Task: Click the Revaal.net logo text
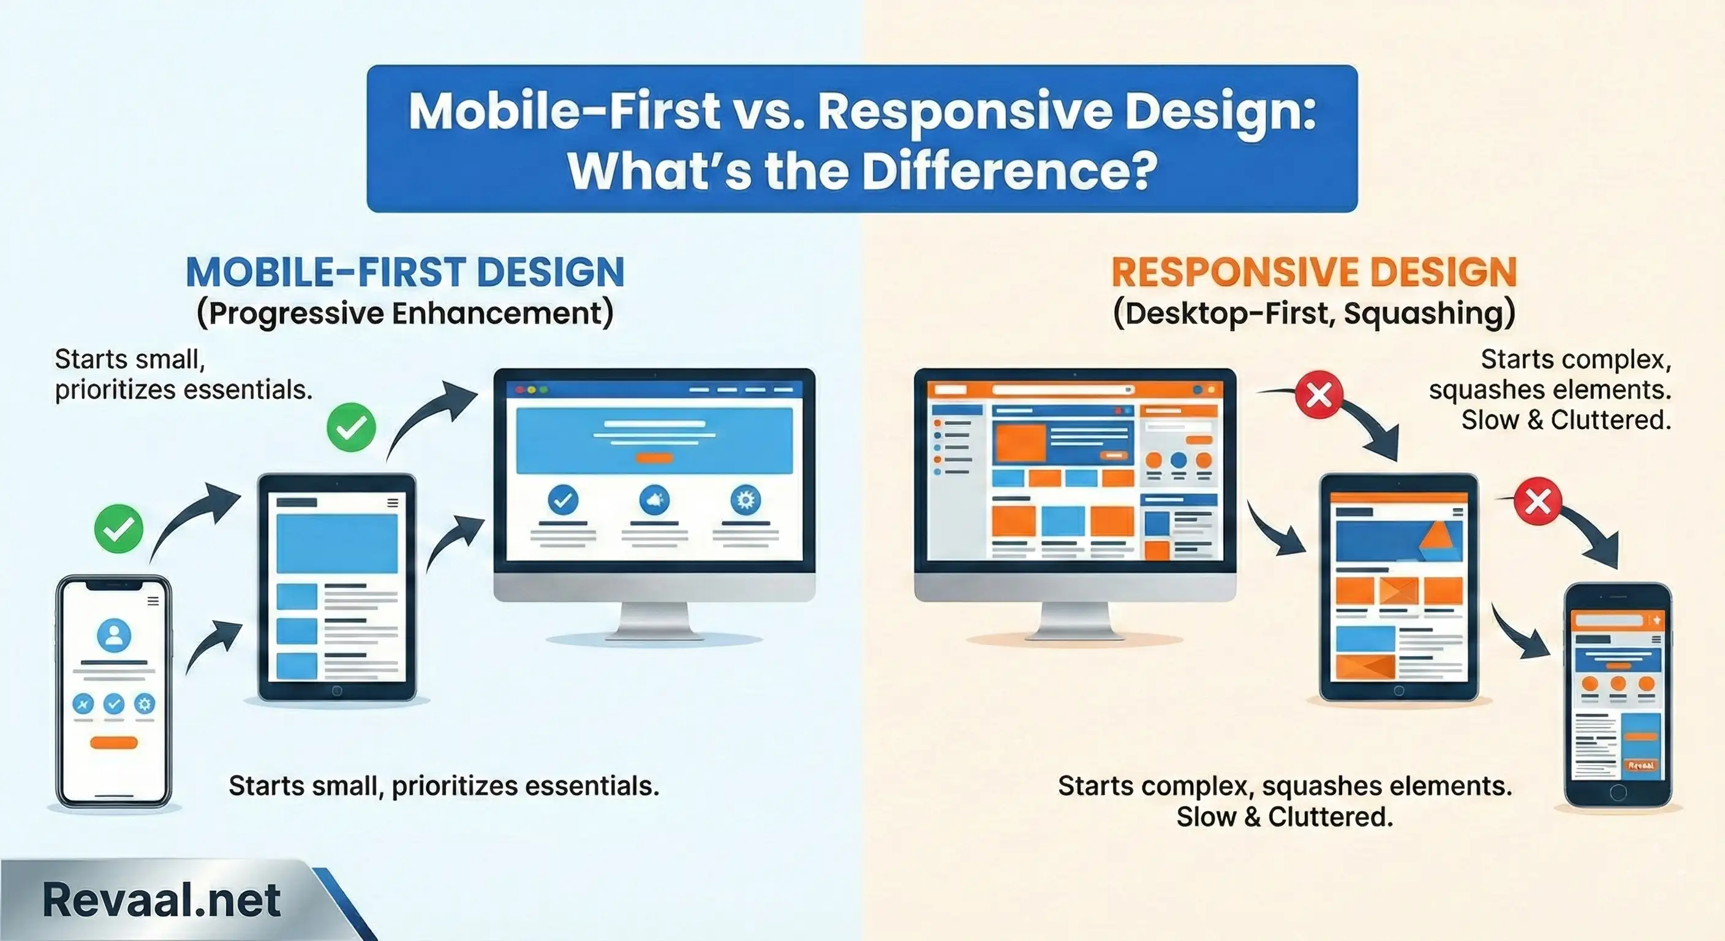pyautogui.click(x=160, y=899)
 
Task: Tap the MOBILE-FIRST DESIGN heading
pyautogui.click(x=404, y=272)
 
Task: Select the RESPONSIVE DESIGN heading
pyautogui.click(x=1314, y=272)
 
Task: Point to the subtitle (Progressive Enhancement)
pyautogui.click(x=404, y=314)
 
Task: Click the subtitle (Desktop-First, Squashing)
pyautogui.click(x=1314, y=314)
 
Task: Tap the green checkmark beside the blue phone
pyautogui.click(x=118, y=529)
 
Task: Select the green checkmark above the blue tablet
pyautogui.click(x=351, y=427)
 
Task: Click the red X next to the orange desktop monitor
pyautogui.click(x=1318, y=395)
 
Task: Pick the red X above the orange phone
pyautogui.click(x=1538, y=501)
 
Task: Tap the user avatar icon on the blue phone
pyautogui.click(x=114, y=635)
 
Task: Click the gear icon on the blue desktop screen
pyautogui.click(x=745, y=500)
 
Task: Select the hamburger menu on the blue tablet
pyautogui.click(x=393, y=503)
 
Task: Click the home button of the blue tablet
pyautogui.click(x=337, y=690)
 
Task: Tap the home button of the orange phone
pyautogui.click(x=1618, y=793)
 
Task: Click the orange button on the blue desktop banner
pyautogui.click(x=654, y=458)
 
